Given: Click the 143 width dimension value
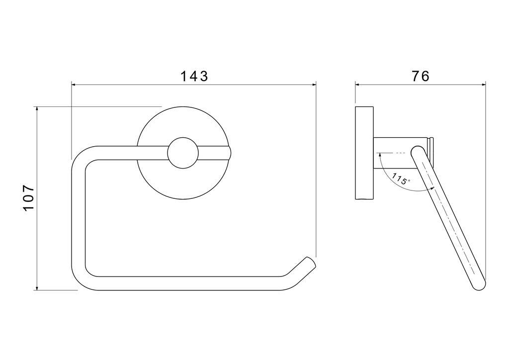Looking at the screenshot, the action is [x=194, y=76].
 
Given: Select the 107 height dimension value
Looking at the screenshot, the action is [x=29, y=198].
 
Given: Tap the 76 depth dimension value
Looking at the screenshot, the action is [x=421, y=76].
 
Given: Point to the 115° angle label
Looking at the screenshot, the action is [x=401, y=179].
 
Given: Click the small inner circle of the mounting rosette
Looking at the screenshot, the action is [x=183, y=153].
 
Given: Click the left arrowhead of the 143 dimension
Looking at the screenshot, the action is [x=74, y=85].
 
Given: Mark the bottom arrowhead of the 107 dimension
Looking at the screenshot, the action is [x=37, y=287].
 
